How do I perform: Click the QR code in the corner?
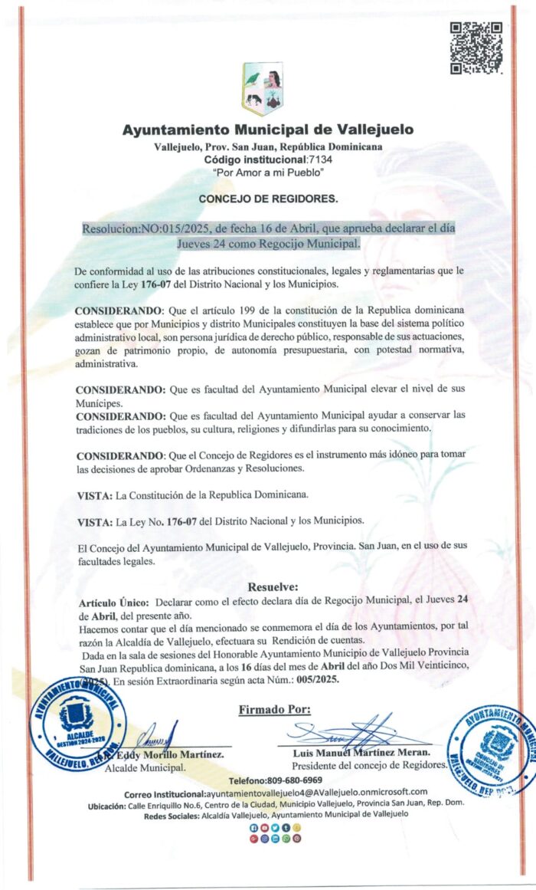tap(476, 47)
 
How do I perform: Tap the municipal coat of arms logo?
tap(263, 88)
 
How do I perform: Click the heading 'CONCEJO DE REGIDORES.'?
tap(267, 199)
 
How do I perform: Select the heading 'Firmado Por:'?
tap(275, 709)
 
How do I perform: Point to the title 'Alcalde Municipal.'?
tap(145, 767)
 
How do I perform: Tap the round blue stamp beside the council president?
tap(490, 750)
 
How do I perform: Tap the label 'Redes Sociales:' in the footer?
tap(170, 816)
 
